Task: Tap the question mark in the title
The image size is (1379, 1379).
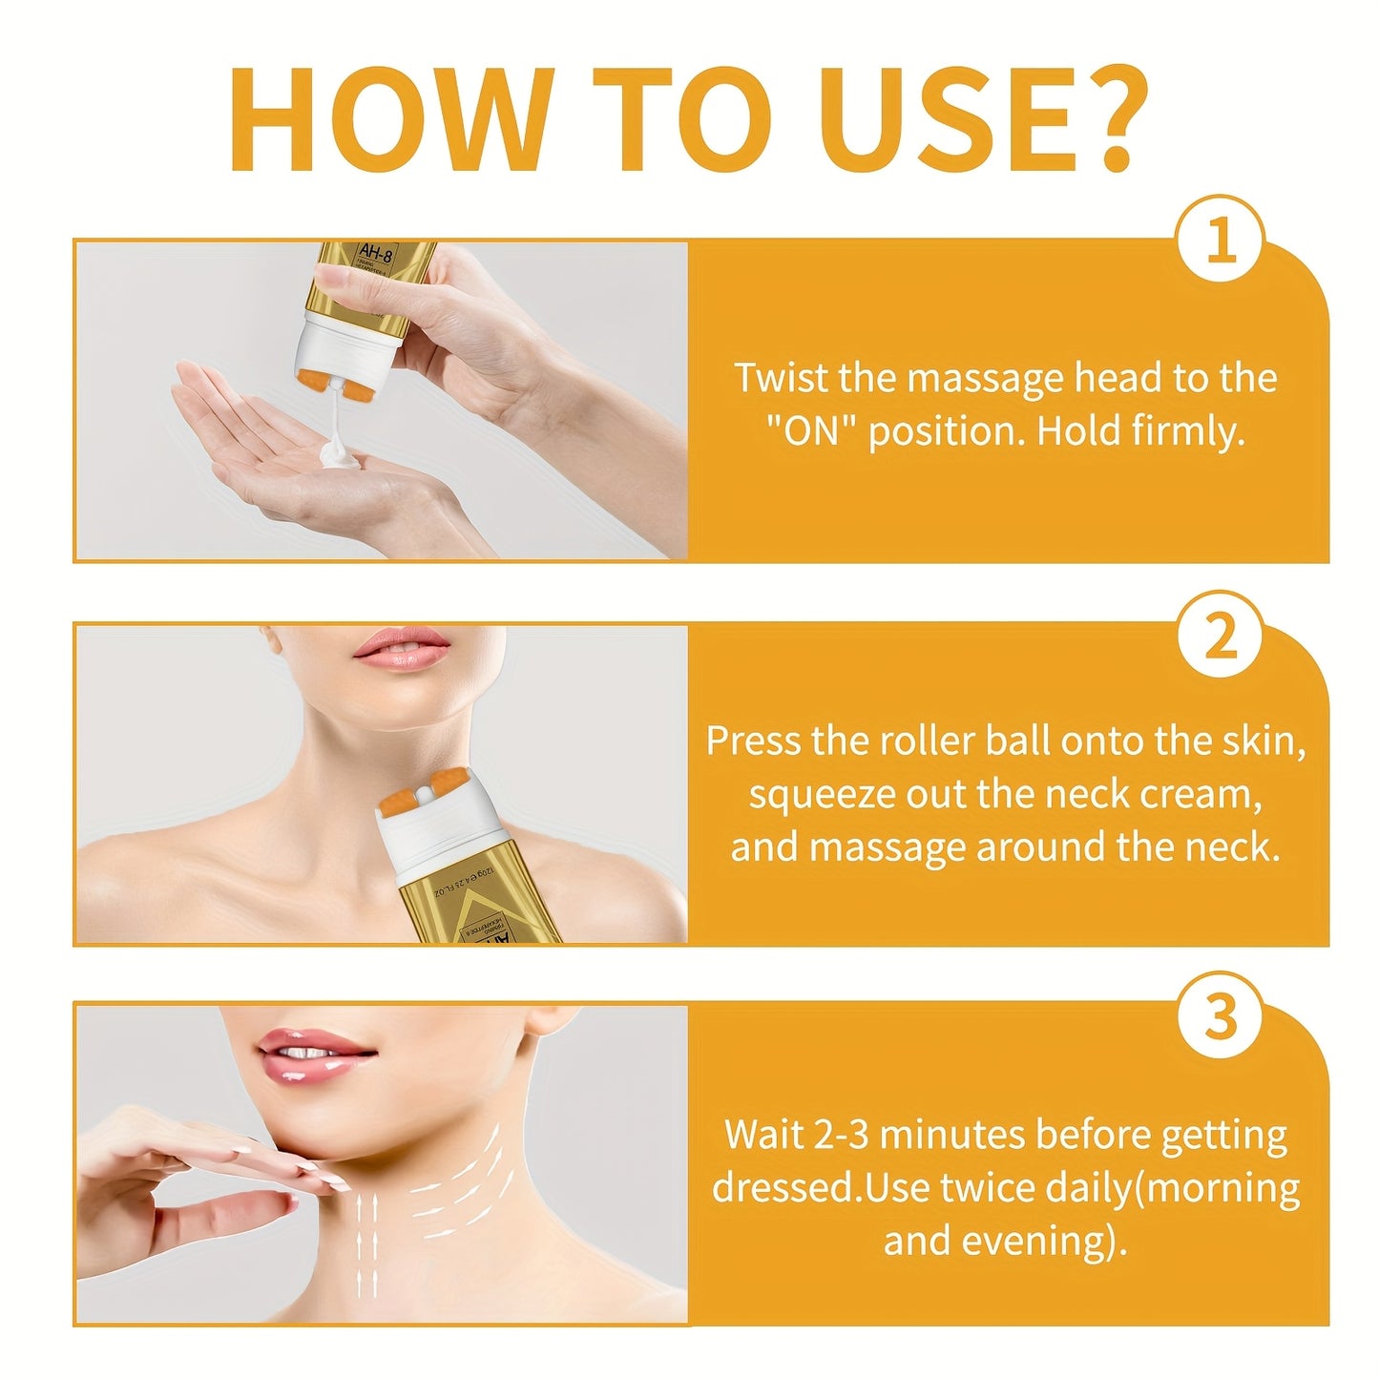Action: point(1106,121)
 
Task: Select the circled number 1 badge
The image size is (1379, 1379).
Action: point(1220,240)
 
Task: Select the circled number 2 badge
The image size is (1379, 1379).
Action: point(1220,635)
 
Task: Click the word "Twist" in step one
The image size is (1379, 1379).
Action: point(782,378)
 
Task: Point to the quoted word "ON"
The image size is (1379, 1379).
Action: point(811,431)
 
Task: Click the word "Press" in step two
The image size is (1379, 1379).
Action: point(753,742)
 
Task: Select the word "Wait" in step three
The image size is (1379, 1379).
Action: point(763,1136)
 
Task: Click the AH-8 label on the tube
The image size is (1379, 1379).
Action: point(375,254)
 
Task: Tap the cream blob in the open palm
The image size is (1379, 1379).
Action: point(339,456)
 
